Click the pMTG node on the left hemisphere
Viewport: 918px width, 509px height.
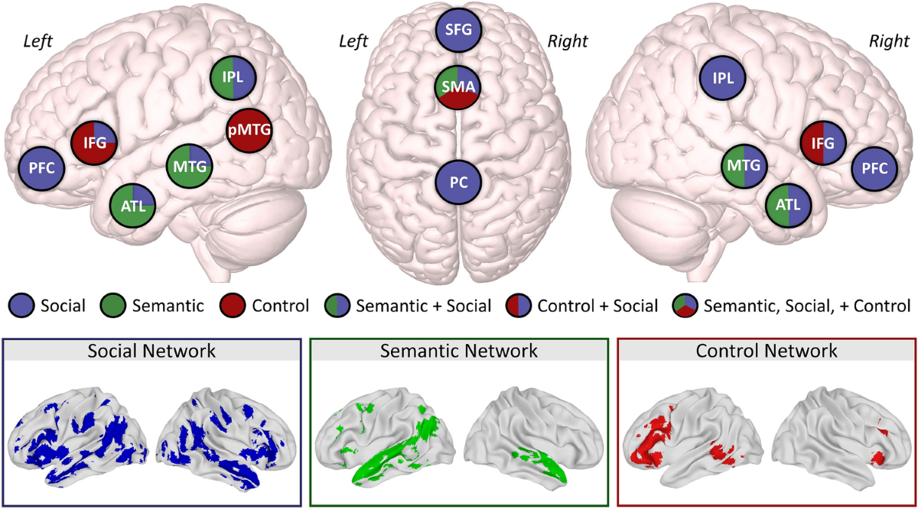tap(249, 132)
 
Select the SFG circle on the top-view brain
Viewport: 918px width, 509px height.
tap(458, 30)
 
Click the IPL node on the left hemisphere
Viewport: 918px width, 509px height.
tap(233, 77)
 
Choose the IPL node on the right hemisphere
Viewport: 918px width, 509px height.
tap(723, 77)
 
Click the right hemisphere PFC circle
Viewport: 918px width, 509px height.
tap(874, 168)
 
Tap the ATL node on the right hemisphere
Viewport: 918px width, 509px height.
tap(789, 204)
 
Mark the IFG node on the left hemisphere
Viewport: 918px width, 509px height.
tap(93, 141)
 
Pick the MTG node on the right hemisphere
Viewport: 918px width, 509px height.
tap(744, 165)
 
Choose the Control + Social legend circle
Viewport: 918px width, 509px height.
tap(518, 306)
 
